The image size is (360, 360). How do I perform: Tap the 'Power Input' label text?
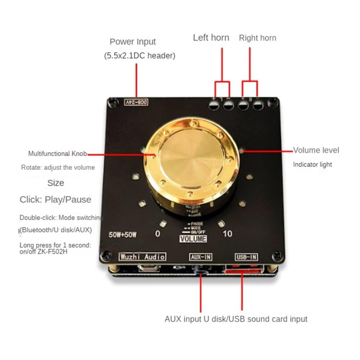[132, 42]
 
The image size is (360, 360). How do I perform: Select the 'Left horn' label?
[211, 37]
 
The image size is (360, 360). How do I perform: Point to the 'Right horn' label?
[257, 38]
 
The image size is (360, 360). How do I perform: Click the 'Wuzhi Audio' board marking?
[142, 257]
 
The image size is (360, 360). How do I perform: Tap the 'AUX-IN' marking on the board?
[201, 257]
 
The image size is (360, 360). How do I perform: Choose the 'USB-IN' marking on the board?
[247, 257]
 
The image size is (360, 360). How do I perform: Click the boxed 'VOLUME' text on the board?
[193, 239]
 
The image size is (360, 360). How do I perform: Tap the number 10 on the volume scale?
[228, 234]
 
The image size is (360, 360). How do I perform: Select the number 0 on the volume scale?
[157, 234]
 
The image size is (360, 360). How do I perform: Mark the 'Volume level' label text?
[316, 150]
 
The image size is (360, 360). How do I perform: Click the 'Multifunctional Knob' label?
[58, 154]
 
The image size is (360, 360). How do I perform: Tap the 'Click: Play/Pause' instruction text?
[55, 200]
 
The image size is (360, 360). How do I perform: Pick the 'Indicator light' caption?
[312, 165]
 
